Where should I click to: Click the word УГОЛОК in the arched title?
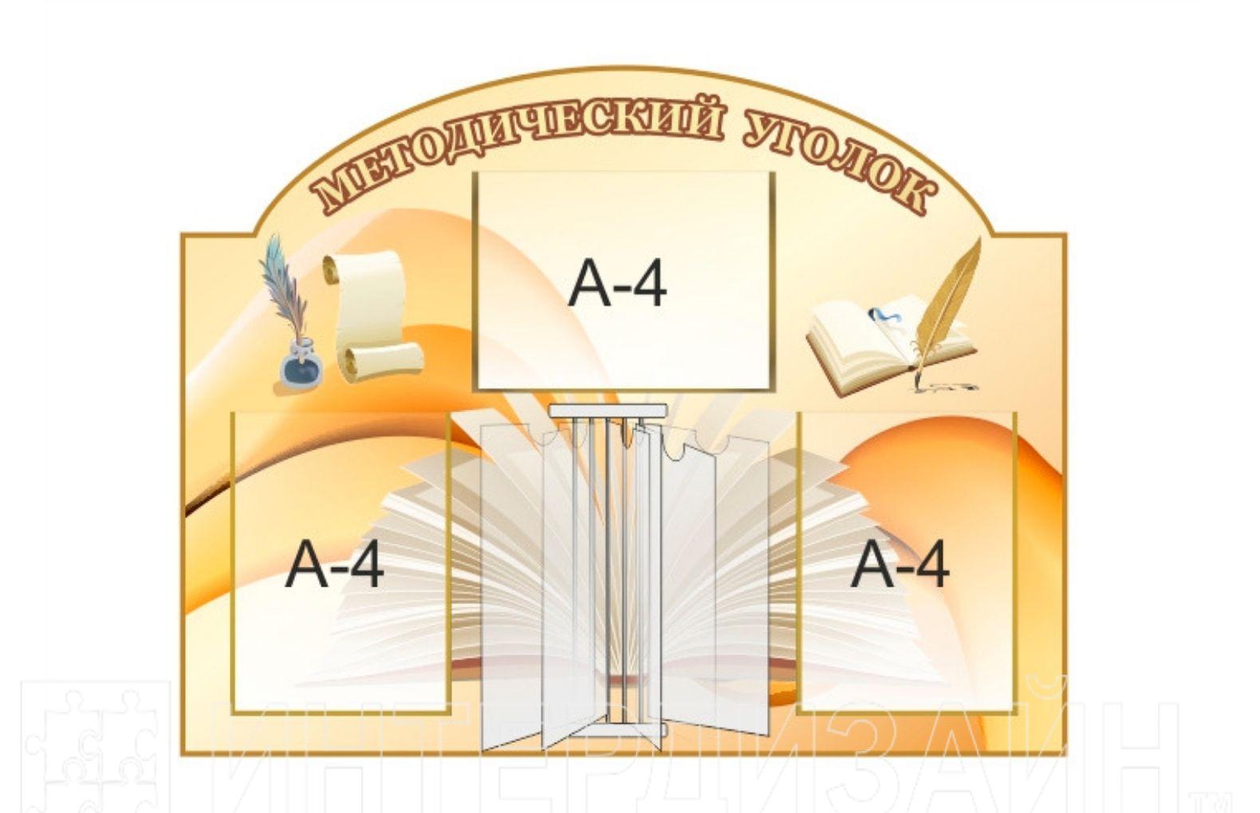point(837,159)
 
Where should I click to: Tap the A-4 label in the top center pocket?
point(617,285)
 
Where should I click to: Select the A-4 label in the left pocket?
point(335,564)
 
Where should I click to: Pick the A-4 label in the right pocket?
point(900,564)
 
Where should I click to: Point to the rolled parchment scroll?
point(373,315)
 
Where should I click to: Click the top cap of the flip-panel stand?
point(608,411)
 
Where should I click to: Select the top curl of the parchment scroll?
point(363,267)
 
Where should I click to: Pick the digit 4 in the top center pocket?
point(648,285)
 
